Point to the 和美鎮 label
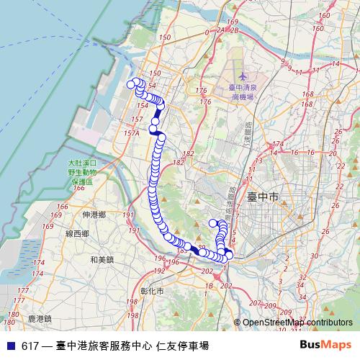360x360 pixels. (x=101, y=258)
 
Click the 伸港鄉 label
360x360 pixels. (x=94, y=215)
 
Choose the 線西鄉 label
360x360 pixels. (x=77, y=234)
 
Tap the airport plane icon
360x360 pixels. (x=242, y=76)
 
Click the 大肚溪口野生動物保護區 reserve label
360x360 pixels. (x=84, y=174)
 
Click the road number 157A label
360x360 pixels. (x=131, y=133)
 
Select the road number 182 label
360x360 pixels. (x=189, y=154)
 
